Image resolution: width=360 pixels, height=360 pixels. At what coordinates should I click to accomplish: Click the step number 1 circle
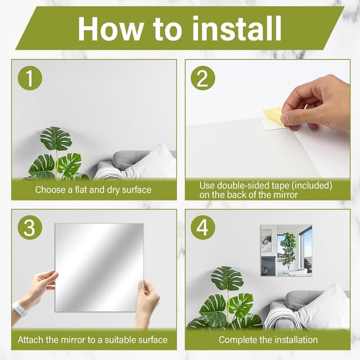pos(30,78)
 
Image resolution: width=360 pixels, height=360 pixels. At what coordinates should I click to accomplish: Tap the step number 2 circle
pos(202,78)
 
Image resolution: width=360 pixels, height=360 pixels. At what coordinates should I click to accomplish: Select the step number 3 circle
pos(30,228)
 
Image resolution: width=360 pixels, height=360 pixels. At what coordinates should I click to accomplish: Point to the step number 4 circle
pos(202,228)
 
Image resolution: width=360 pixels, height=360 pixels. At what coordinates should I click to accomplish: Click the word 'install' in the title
pos(237,29)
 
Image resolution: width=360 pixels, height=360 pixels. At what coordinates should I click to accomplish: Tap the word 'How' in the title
pos(110,29)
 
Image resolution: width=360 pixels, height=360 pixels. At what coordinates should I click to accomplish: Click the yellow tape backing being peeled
pos(274,116)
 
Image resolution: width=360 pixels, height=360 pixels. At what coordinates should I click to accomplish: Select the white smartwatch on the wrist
pos(20,309)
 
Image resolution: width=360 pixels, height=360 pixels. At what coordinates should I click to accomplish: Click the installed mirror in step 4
pos(286,250)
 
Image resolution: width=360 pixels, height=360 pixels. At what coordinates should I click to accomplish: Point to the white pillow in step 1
pos(152,163)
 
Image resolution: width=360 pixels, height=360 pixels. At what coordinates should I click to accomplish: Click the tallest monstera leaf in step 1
pos(56,138)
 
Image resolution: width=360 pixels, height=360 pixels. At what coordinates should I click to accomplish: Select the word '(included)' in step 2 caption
pos(312,186)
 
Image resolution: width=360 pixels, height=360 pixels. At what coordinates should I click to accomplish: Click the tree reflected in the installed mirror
pos(287,249)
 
